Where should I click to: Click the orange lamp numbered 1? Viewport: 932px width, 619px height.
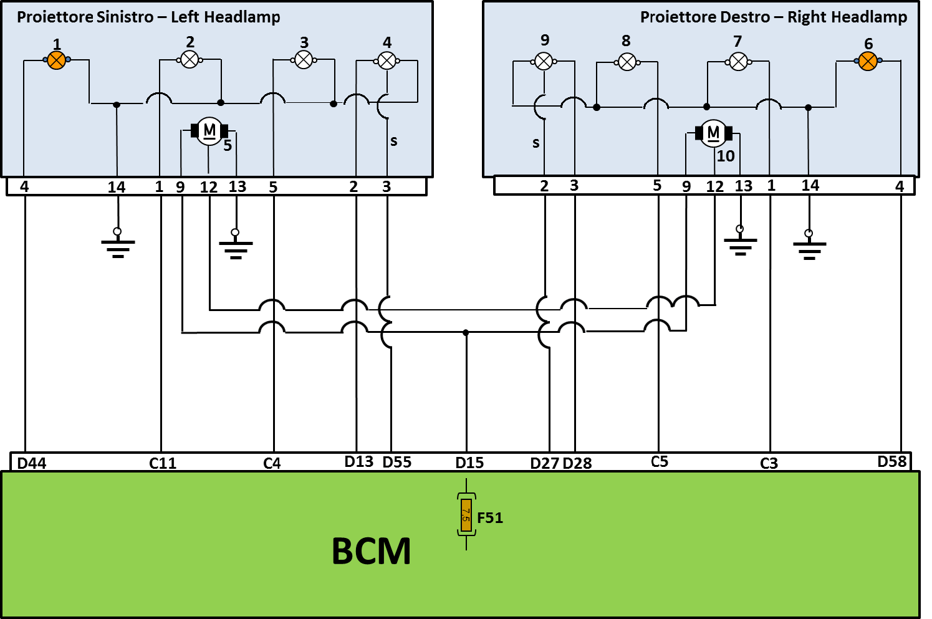[x=57, y=60]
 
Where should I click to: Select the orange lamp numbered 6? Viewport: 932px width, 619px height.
[x=868, y=61]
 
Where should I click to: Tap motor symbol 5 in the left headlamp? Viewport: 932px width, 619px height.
[x=209, y=131]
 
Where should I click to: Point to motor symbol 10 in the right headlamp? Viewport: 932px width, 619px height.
[x=713, y=133]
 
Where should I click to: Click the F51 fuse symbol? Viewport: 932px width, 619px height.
[x=466, y=515]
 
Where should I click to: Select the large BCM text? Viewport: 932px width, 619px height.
[x=371, y=551]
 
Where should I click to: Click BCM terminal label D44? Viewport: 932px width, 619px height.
[x=32, y=463]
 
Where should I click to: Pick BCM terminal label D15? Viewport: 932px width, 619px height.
[x=469, y=463]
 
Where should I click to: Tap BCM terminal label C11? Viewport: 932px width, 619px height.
[x=163, y=463]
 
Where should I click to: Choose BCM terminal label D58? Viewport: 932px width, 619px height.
[x=892, y=461]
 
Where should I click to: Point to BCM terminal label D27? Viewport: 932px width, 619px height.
[x=545, y=463]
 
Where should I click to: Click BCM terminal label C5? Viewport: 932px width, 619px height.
[x=660, y=461]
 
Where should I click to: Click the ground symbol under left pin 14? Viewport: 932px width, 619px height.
[x=118, y=243]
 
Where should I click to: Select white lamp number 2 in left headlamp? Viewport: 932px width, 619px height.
[x=190, y=60]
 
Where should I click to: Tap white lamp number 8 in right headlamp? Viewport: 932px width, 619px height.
[x=627, y=62]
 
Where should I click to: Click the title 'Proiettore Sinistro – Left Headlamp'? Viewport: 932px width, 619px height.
[x=148, y=17]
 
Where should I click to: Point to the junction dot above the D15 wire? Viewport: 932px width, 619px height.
[x=466, y=333]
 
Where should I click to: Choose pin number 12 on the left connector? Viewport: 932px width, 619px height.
[x=208, y=187]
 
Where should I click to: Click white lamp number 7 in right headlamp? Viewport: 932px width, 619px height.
[x=738, y=62]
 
